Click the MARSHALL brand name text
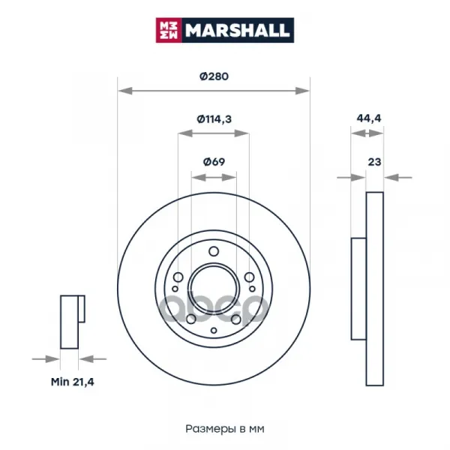click(237, 30)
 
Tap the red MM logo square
click(169, 30)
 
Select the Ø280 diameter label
click(214, 76)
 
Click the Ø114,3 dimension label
click(214, 118)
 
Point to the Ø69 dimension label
click(214, 162)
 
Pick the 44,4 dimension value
click(369, 118)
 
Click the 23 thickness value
click(374, 162)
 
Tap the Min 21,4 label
click(72, 382)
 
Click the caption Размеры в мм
click(225, 429)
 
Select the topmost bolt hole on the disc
click(214, 251)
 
